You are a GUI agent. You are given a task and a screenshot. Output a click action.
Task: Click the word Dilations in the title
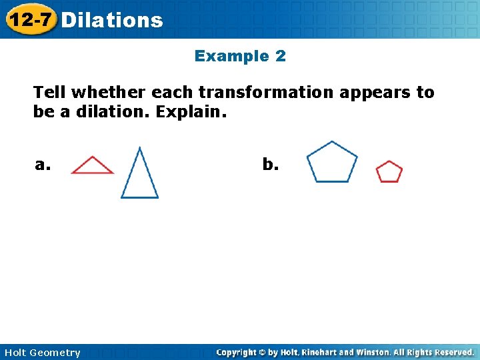111,20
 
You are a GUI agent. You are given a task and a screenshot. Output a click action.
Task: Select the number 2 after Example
281,56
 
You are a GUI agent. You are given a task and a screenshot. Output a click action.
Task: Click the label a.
43,165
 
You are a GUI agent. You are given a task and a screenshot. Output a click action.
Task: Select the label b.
270,165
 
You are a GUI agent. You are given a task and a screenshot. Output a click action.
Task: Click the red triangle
92,166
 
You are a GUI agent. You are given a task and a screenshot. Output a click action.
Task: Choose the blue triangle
139,177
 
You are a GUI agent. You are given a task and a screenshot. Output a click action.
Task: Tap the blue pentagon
332,163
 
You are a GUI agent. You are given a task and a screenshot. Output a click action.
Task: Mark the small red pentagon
389,172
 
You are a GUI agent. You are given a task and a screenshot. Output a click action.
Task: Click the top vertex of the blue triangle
139,148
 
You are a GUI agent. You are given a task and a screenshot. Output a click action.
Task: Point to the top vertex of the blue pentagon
332,141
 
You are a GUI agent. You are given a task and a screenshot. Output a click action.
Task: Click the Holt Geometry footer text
41,353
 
